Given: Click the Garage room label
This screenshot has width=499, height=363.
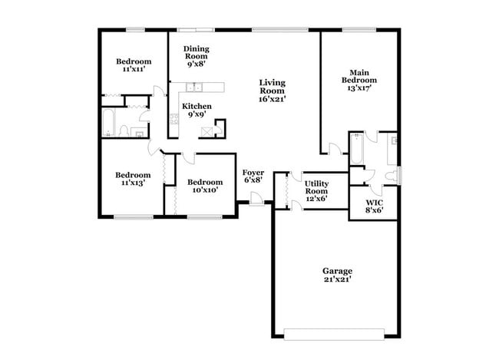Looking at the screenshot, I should pos(337,275).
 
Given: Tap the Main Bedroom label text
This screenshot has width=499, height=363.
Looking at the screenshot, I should pos(359,79).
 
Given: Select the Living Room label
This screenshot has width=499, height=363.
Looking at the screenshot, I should pos(273,91).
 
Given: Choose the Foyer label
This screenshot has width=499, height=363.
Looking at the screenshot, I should pos(253,176).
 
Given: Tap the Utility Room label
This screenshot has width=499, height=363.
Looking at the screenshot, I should pos(316,191).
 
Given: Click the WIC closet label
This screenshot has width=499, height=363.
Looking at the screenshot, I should pos(374,205).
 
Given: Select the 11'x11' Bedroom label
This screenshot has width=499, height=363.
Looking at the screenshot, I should pos(133,64).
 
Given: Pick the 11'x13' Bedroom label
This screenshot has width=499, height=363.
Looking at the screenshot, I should pos(133,178).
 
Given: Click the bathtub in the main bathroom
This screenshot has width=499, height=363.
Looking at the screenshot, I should pos(357,148).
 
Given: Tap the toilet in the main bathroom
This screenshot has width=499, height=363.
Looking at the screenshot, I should pos(392,176).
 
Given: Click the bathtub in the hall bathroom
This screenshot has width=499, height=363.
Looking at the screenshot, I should pos(108,123).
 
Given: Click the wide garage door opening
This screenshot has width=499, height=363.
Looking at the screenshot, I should pos(336,334).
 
